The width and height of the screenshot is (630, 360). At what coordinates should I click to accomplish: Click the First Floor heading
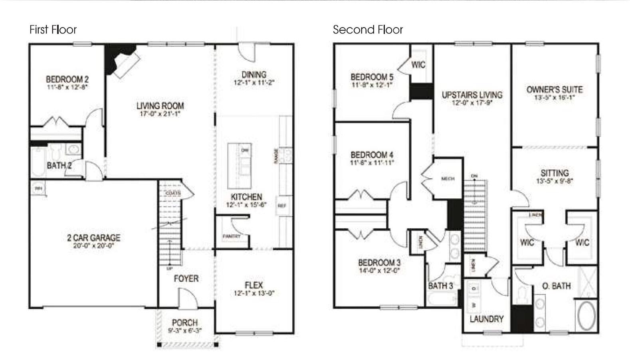tap(53, 30)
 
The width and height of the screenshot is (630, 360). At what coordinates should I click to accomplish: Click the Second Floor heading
tap(368, 30)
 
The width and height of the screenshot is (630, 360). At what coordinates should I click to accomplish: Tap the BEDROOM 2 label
tap(67, 79)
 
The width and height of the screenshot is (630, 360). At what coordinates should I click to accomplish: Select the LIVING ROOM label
tap(160, 106)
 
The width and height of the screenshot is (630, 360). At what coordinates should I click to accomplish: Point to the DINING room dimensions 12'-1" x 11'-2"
tap(254, 83)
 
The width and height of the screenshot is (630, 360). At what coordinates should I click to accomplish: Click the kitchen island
tap(240, 165)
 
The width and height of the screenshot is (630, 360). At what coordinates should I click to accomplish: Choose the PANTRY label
tap(232, 236)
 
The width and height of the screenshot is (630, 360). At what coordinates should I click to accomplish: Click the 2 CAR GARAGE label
tap(93, 238)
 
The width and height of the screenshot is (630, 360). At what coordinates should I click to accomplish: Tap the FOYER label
tap(186, 278)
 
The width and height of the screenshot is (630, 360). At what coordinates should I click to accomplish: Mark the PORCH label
tap(185, 322)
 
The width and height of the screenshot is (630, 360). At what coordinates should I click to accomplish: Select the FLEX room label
tap(254, 285)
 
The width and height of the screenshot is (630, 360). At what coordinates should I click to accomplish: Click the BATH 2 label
tap(59, 165)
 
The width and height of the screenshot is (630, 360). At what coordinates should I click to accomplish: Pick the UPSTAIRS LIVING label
tap(472, 95)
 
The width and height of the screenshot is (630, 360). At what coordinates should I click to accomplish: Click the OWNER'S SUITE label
tap(555, 89)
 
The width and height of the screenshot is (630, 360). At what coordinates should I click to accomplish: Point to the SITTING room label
tap(555, 173)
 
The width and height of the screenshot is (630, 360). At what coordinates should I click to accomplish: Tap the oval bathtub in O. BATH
tap(586, 315)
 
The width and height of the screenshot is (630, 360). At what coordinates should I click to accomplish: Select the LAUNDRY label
tap(487, 319)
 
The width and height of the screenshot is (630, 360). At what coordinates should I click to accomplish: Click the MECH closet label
tap(448, 179)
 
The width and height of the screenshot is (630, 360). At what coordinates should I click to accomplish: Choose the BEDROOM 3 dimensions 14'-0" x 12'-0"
tap(379, 270)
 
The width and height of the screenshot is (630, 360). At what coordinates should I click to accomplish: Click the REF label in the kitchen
tap(282, 206)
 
